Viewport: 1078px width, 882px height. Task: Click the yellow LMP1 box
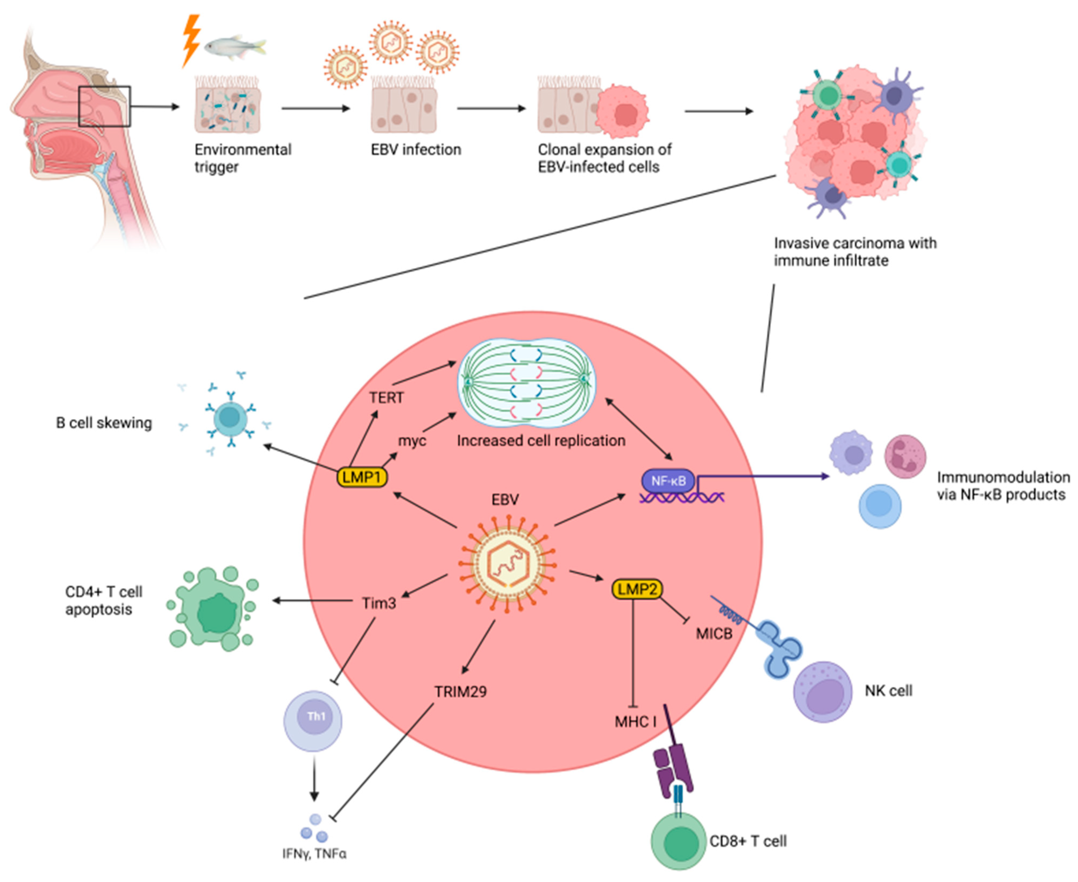[x=362, y=477]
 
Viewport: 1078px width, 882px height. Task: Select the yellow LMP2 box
[x=637, y=589]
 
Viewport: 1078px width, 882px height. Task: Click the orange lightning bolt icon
[x=192, y=41]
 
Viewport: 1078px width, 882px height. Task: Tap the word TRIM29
[x=460, y=691]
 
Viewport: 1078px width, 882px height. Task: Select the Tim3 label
[x=378, y=603]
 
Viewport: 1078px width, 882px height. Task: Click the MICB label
[x=714, y=634]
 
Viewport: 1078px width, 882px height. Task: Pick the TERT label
[x=386, y=397]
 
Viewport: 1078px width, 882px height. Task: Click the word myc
[x=412, y=440]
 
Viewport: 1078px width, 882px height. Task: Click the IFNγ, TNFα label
[x=314, y=854]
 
